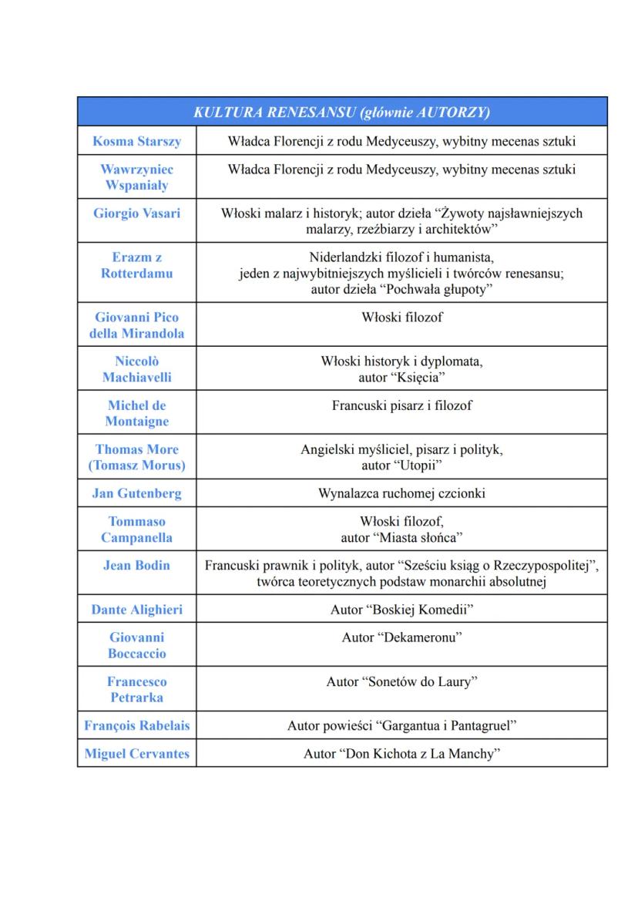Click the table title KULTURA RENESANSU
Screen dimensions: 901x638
click(277, 112)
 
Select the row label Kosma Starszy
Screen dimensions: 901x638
click(136, 141)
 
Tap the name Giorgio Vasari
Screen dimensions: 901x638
click(136, 213)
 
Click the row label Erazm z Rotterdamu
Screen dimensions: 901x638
click(136, 265)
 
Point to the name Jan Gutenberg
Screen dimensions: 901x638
click(136, 493)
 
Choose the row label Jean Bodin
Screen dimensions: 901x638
click(136, 565)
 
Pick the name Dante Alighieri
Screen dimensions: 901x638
click(136, 610)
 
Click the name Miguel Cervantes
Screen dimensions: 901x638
click(136, 754)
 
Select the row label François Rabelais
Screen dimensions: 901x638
click(136, 725)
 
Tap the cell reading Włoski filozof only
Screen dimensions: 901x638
click(401, 317)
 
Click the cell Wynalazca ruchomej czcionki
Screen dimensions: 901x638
click(401, 493)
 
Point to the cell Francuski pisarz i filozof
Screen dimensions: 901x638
click(401, 405)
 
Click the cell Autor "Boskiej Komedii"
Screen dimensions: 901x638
click(401, 610)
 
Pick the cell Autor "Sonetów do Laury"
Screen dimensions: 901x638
click(401, 681)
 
